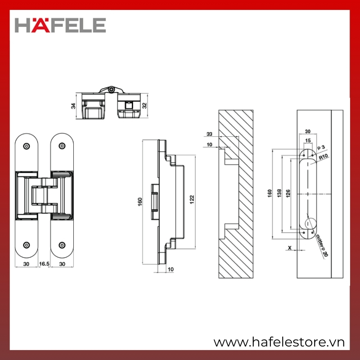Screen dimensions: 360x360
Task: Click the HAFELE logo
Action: pyautogui.click(x=60, y=25)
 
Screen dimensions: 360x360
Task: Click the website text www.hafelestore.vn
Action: pyautogui.click(x=279, y=342)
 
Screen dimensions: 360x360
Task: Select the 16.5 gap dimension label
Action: pyautogui.click(x=44, y=264)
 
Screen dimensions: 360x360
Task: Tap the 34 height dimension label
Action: pyautogui.click(x=73, y=106)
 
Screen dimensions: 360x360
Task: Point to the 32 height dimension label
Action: pyautogui.click(x=144, y=106)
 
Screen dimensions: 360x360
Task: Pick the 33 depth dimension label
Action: pyautogui.click(x=209, y=134)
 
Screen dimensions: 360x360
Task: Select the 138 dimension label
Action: pyautogui.click(x=279, y=193)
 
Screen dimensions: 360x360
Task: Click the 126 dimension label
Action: pyautogui.click(x=288, y=193)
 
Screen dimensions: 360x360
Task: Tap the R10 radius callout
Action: pyautogui.click(x=323, y=157)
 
